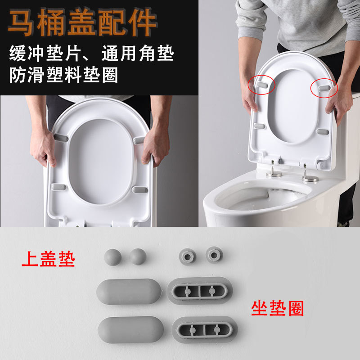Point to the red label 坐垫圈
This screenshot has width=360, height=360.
point(277,308)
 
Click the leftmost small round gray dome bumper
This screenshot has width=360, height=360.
point(112,257)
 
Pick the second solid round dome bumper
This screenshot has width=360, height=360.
point(138,257)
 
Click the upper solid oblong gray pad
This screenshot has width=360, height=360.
point(129,292)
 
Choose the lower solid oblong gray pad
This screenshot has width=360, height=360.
point(129,329)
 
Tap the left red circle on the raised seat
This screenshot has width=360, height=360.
point(262,84)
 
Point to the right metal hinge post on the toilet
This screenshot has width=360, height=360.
point(309,174)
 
